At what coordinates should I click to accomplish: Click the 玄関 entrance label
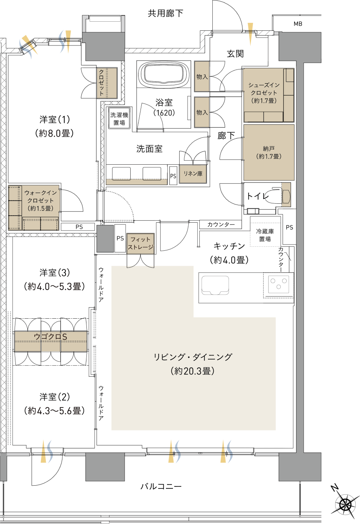point(235,54)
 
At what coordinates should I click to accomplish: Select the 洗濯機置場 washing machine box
point(119,118)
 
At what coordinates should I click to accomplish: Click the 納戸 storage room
point(269,152)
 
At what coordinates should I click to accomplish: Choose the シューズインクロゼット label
point(264,93)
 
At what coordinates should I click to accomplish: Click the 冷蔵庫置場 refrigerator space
point(265,235)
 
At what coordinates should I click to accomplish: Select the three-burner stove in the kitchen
point(279,284)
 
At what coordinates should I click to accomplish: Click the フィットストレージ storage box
point(140,243)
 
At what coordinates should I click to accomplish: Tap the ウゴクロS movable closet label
point(51,336)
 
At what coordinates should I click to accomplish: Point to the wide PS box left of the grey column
point(79,227)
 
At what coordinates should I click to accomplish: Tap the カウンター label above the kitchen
point(221,224)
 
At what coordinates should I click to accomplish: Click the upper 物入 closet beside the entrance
point(202,77)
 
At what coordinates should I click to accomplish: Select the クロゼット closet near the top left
point(107,83)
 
